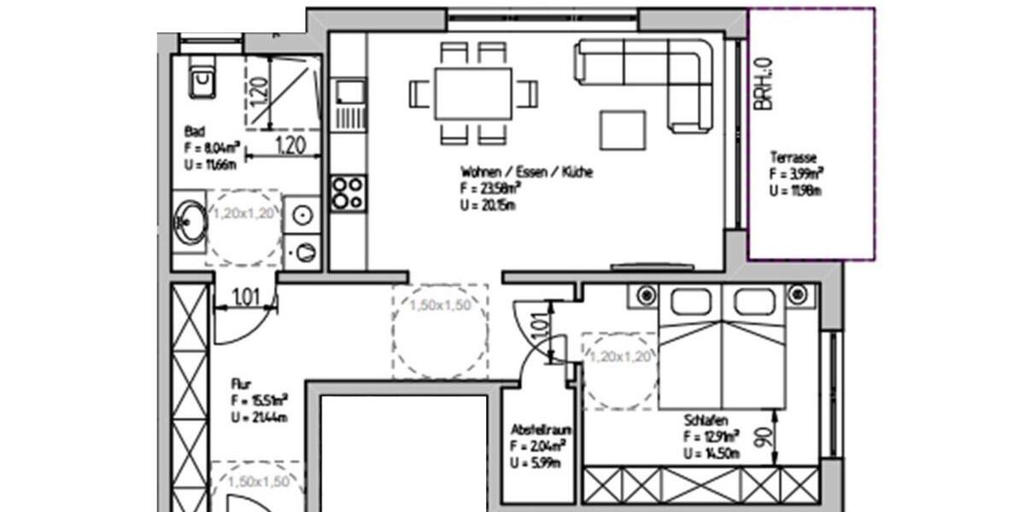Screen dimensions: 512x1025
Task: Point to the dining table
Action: (473, 94)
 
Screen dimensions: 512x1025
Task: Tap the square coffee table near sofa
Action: (623, 131)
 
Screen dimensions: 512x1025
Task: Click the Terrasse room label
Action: (794, 158)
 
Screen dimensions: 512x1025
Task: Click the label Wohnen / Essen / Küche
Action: (526, 172)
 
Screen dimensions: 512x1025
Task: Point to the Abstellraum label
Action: (536, 429)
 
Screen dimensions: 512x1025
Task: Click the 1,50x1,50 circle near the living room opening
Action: (440, 330)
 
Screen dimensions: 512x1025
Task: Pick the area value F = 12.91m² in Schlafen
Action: (712, 437)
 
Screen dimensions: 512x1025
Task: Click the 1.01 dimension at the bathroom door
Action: (246, 298)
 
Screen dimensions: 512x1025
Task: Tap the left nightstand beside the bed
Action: (643, 295)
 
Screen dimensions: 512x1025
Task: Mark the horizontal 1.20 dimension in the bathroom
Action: (290, 145)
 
